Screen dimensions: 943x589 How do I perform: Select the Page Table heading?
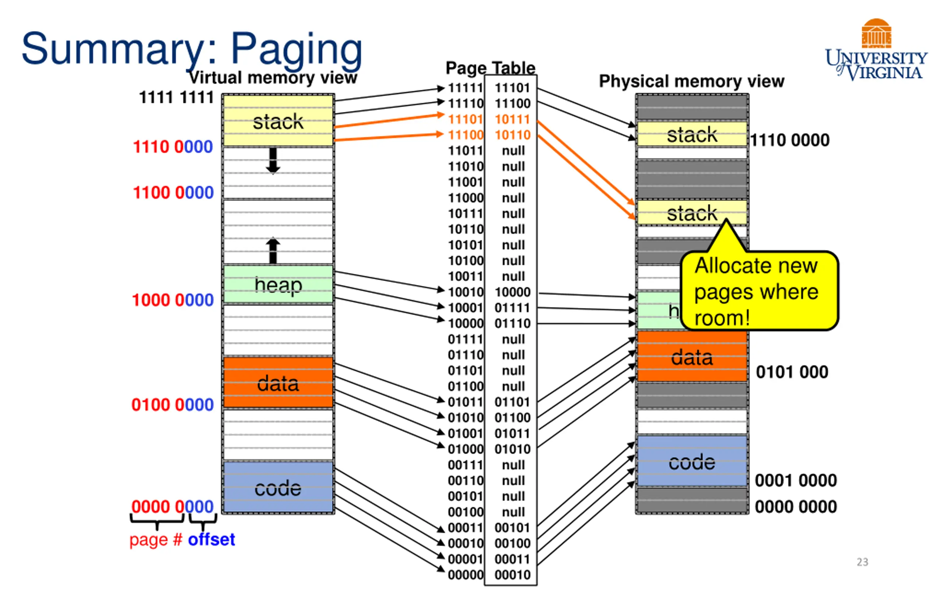(491, 68)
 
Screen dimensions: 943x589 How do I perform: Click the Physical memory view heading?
(692, 81)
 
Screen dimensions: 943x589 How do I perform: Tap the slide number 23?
(862, 562)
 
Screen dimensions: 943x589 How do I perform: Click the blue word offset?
(211, 540)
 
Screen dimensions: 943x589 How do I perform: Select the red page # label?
(156, 540)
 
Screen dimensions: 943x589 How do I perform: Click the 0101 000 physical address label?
(792, 372)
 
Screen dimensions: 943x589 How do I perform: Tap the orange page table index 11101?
(465, 119)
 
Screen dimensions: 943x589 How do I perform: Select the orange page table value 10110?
(512, 135)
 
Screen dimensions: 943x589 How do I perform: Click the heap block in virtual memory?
(278, 284)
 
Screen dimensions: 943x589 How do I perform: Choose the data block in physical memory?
(692, 356)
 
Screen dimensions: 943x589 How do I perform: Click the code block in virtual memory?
(278, 487)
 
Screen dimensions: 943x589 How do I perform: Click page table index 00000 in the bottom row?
(465, 575)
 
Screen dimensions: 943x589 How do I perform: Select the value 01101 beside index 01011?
(512, 402)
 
